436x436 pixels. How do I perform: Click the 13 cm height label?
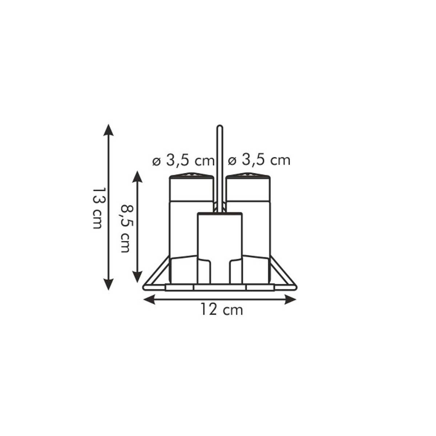pyautogui.click(x=97, y=208)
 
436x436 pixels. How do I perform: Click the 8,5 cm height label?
pyautogui.click(x=126, y=229)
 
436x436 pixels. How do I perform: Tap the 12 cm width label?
pyautogui.click(x=222, y=310)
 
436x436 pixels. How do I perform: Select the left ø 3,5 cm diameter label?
pyautogui.click(x=183, y=161)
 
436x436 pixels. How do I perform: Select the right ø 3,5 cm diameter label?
pyautogui.click(x=259, y=161)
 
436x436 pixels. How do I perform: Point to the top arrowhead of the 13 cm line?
pyautogui.click(x=108, y=130)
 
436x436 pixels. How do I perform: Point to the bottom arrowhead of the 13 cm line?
pyautogui.click(x=108, y=284)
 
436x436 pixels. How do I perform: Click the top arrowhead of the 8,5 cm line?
pyautogui.click(x=137, y=177)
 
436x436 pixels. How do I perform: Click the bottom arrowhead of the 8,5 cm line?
pyautogui.click(x=137, y=276)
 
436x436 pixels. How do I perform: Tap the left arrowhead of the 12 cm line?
pyautogui.click(x=149, y=299)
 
